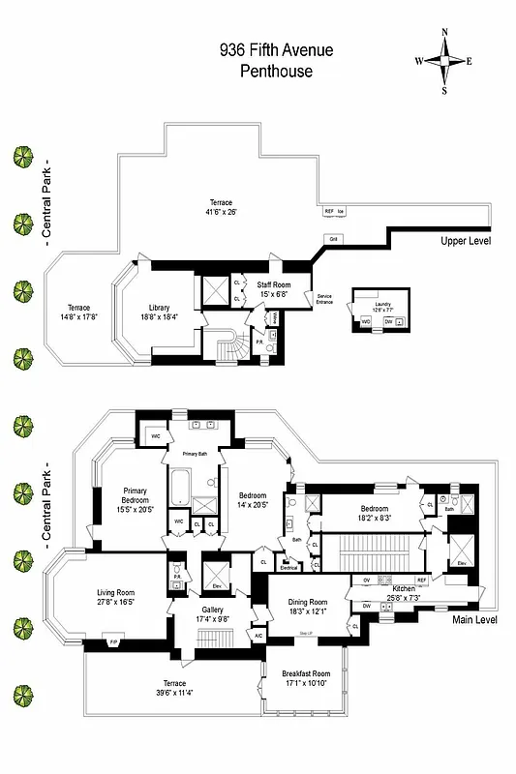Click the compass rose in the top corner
pos(444,60)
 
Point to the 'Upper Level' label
pos(466,240)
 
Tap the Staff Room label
pos(274,287)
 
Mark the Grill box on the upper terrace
pos(333,239)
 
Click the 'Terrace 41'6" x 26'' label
pos(221,207)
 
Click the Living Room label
pos(115,598)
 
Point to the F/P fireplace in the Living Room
pos(112,640)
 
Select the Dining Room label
pos(310,607)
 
